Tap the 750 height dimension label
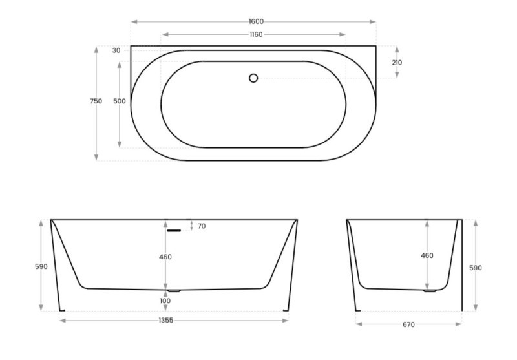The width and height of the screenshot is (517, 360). tap(96, 101)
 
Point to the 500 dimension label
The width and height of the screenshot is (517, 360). tap(119, 101)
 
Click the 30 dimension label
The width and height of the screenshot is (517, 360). tap(116, 50)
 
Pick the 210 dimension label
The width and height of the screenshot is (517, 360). tap(397, 63)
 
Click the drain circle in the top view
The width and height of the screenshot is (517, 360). tap(253, 78)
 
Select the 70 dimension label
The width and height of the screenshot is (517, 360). tap(202, 226)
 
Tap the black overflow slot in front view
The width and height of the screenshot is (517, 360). tap(173, 230)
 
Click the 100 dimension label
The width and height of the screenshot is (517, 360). tap(166, 301)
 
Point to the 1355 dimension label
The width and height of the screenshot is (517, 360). tap(166, 320)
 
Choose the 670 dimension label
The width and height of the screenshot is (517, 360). tap(408, 324)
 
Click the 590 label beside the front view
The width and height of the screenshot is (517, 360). tap(41, 266)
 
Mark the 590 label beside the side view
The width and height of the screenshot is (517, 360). tap(476, 268)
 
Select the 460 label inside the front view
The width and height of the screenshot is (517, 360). tap(165, 257)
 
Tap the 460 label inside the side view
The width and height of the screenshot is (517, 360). tap(427, 255)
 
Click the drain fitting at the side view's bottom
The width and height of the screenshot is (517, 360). tap(430, 291)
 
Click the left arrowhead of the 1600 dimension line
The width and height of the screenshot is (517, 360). tap(133, 22)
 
